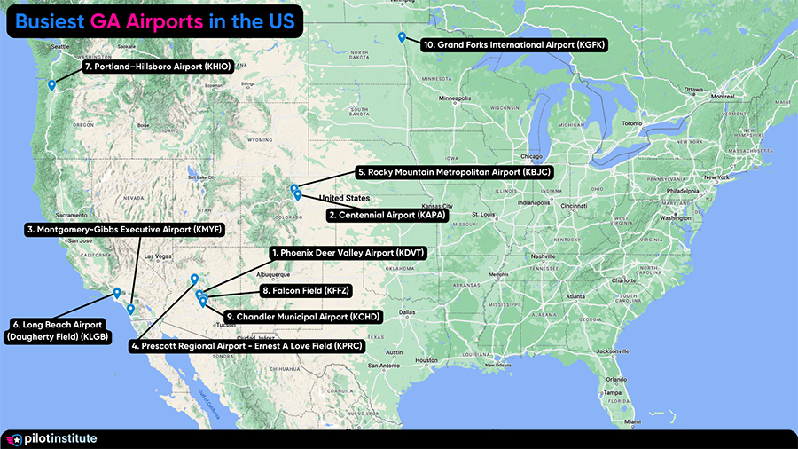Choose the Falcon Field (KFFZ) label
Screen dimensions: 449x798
306,290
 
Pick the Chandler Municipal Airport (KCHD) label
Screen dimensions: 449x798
302,316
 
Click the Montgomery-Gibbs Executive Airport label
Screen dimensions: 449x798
123,229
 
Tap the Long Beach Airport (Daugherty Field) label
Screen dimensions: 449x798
60,330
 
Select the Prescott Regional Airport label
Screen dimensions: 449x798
246,347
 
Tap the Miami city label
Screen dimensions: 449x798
630,421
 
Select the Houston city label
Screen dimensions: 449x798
426,360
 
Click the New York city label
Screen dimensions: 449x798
716,177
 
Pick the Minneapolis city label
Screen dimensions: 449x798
460,98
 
